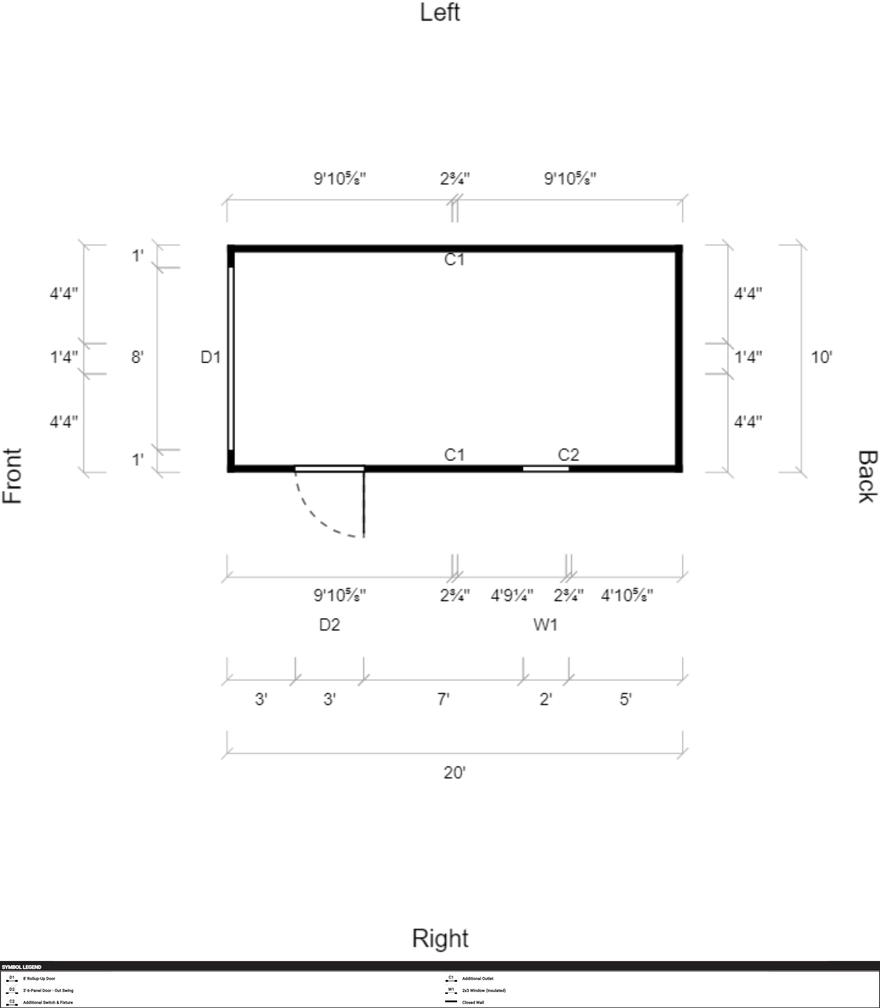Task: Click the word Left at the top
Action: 439,12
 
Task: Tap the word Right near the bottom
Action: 440,938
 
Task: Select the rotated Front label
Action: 13,476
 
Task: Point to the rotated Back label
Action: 867,476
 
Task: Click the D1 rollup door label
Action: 211,357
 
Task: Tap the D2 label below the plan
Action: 330,624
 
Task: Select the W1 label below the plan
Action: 545,624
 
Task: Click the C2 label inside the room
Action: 569,455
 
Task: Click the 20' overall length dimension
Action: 455,772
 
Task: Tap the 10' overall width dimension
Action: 821,357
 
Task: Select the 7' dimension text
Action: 444,699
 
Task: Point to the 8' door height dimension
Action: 137,357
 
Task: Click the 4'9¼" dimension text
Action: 512,596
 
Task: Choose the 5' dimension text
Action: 625,699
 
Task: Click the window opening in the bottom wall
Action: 545,469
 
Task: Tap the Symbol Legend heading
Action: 21,967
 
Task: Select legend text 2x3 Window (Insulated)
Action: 484,990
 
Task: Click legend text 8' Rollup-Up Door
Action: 39,979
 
